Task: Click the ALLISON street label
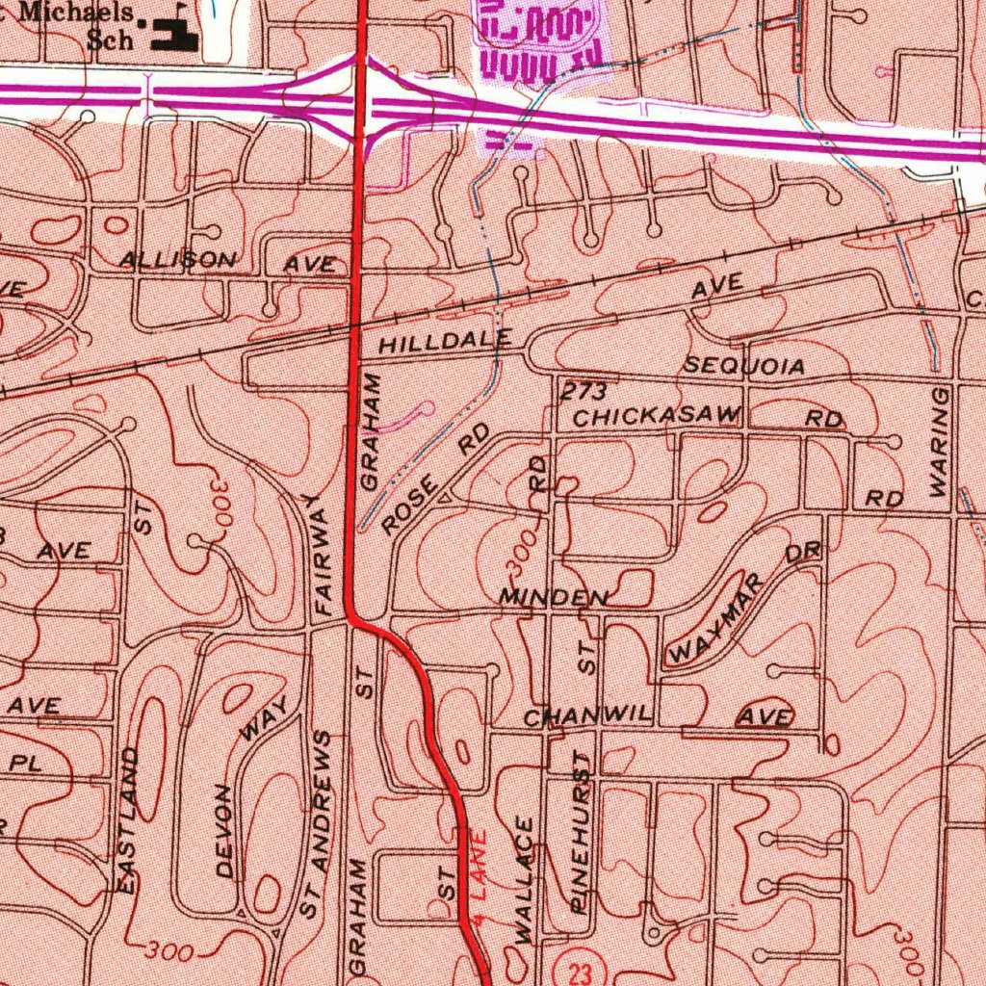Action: click(x=177, y=260)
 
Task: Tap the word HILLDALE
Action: click(x=445, y=342)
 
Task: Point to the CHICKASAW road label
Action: click(x=657, y=417)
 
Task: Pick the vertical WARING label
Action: click(x=940, y=443)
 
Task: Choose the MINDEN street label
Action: click(x=553, y=598)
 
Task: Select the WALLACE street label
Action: click(x=525, y=879)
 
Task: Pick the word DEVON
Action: click(x=224, y=830)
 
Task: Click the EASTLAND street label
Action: click(x=128, y=819)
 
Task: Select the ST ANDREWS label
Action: click(x=316, y=824)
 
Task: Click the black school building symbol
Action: click(x=173, y=37)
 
